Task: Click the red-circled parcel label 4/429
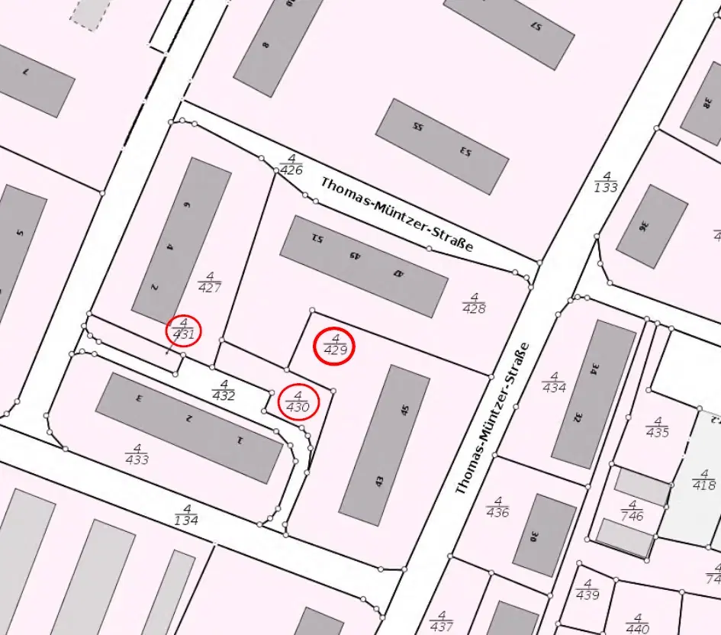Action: (335, 345)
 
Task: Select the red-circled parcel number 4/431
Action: (184, 329)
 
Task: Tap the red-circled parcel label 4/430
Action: (298, 401)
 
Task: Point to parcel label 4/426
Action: (291, 165)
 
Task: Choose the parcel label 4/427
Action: (209, 282)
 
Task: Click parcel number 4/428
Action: (474, 303)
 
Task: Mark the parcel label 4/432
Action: (224, 390)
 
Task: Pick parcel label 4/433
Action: (137, 454)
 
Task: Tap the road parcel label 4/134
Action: (186, 515)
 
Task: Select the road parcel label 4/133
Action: (605, 182)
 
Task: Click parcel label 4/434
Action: (555, 382)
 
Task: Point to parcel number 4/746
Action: (632, 511)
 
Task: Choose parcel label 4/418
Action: (703, 479)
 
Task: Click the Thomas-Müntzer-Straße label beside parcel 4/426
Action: (397, 214)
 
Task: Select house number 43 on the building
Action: (379, 482)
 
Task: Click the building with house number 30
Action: (544, 535)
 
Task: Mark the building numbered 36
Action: (652, 226)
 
